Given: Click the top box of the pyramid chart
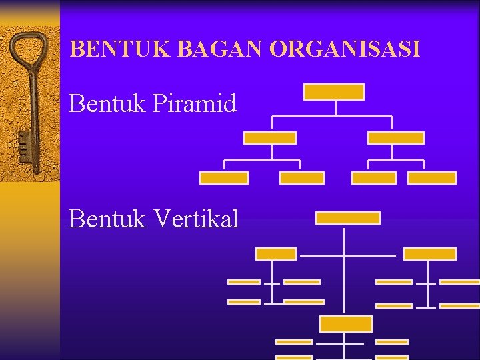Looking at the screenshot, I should coord(334,92).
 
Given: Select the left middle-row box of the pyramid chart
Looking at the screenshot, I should coord(270,138).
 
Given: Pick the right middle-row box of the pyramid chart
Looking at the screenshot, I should coord(396,138).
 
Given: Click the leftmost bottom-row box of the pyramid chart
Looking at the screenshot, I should coord(224,178).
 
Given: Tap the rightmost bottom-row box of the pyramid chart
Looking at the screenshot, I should coord(432,178).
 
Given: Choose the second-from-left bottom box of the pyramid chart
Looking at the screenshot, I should coord(302,178).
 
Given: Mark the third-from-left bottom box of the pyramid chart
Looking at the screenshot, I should coord(373,178).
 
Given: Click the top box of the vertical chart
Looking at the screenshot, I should coord(347,218).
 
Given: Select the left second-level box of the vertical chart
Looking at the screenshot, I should coord(276,254).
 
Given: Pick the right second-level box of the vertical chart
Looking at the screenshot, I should coord(430,254).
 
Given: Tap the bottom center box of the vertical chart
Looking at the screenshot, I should coord(346,324).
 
